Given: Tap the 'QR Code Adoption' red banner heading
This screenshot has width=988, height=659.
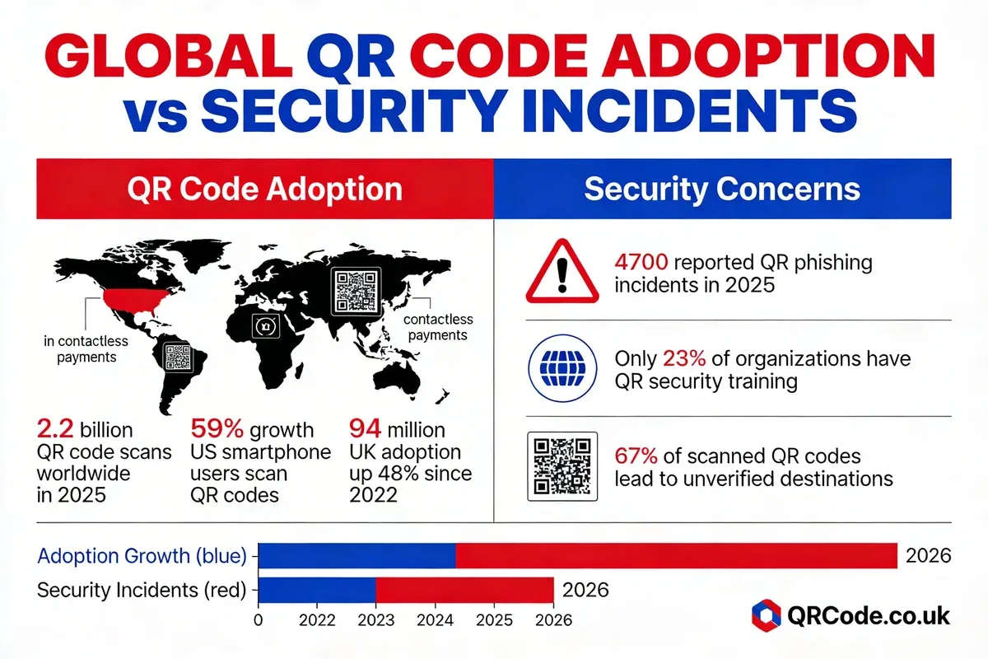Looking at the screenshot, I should click(x=263, y=189).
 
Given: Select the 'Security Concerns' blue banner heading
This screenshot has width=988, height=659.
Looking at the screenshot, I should click(x=721, y=189).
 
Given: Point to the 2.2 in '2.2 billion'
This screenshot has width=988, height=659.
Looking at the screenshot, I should click(x=56, y=429).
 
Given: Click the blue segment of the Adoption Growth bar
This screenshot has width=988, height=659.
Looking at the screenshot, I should click(x=357, y=556).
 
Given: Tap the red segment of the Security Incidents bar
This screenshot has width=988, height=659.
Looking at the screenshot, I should click(x=464, y=590).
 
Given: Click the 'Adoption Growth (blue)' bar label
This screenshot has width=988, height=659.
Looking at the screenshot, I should click(x=142, y=556).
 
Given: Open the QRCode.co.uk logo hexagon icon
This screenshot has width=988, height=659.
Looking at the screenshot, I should click(x=767, y=615).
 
